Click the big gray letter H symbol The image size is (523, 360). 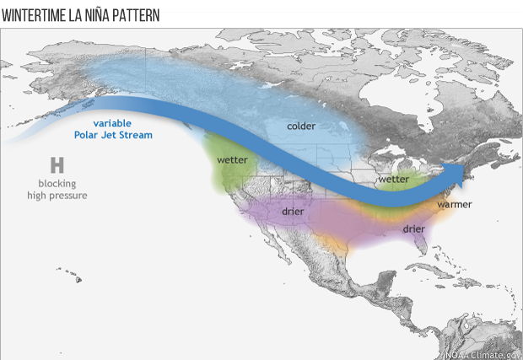[x=57, y=164]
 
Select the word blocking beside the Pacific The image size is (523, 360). [x=57, y=183]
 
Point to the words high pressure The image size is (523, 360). [x=57, y=196]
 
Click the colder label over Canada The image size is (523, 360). [x=301, y=126]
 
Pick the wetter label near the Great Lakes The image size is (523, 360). [x=393, y=180]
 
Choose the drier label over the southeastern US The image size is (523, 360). [x=413, y=228]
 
